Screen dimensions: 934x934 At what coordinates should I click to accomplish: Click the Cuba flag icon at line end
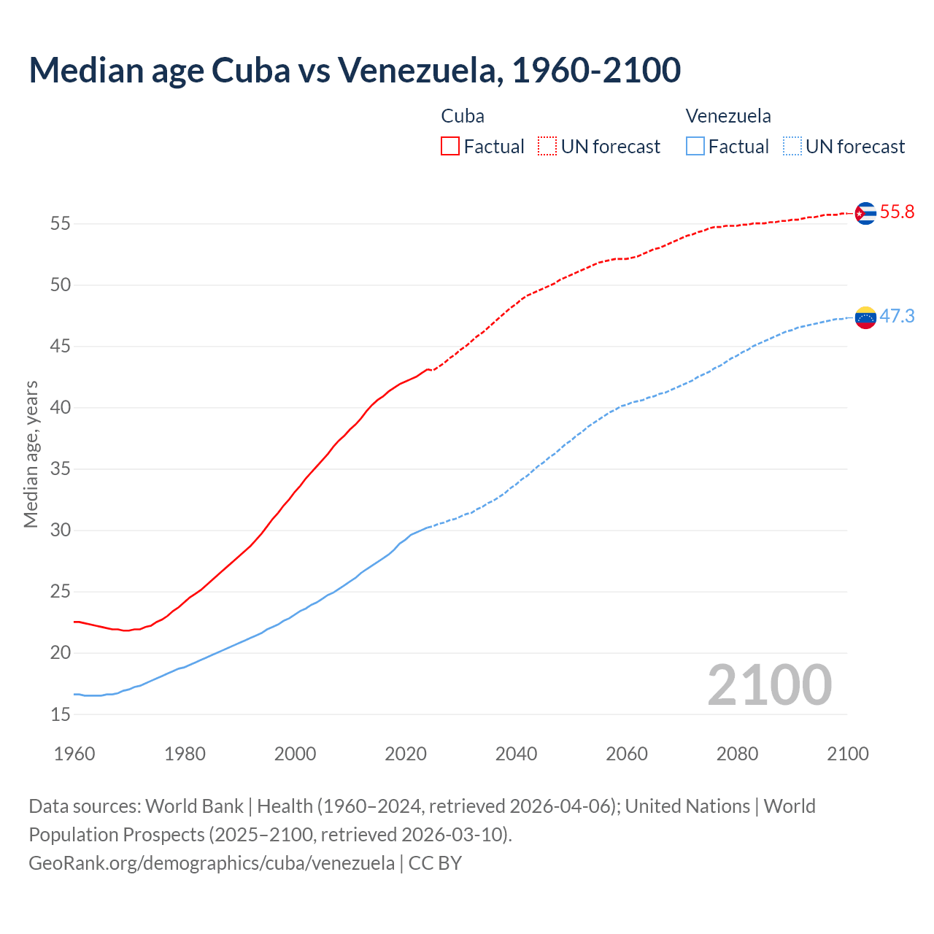[865, 213]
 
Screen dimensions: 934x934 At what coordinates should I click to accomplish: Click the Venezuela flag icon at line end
[865, 317]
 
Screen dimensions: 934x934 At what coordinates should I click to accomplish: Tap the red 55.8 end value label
[897, 212]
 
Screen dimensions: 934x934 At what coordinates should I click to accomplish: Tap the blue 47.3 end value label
[897, 316]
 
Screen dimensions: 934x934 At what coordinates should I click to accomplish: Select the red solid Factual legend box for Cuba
[450, 146]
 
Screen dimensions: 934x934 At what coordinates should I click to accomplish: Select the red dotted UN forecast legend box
[547, 146]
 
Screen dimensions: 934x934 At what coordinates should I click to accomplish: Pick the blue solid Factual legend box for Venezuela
[695, 146]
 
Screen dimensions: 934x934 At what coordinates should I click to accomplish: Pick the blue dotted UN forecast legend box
[792, 146]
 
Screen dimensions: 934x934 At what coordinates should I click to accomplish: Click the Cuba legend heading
[463, 116]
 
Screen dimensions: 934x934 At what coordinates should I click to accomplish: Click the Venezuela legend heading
[728, 116]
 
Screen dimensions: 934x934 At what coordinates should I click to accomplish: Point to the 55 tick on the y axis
[61, 223]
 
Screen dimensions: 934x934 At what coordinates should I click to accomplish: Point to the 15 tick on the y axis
[61, 714]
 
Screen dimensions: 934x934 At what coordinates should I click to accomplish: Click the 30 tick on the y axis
[61, 530]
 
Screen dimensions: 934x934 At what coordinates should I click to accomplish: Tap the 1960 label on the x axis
[74, 754]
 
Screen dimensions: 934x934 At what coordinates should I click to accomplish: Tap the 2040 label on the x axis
[516, 754]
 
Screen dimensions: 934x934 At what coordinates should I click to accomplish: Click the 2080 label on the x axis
[737, 754]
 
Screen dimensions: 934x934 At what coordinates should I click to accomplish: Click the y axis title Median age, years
[31, 454]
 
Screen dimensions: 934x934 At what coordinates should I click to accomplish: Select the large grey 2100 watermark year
[770, 685]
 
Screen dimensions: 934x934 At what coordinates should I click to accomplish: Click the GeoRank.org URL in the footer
[212, 863]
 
